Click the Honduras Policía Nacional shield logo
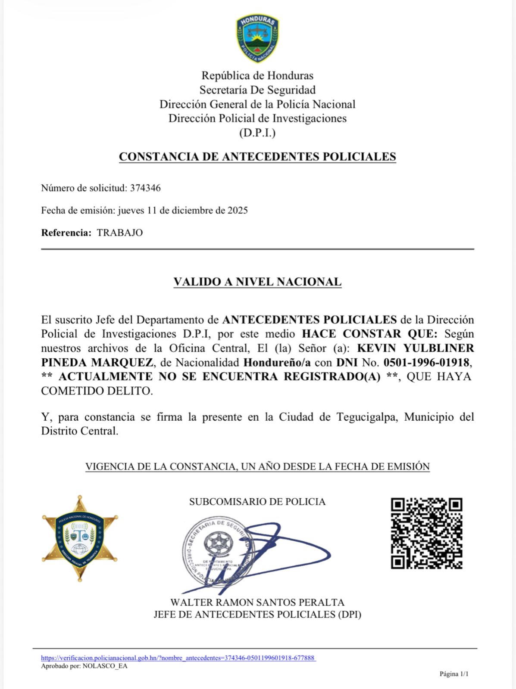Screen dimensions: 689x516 (x=257, y=38)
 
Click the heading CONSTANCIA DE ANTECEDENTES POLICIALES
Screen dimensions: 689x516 (x=257, y=157)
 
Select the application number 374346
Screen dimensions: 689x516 (x=145, y=188)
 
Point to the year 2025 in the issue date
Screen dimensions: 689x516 (x=238, y=211)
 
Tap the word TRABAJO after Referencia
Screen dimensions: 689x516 (x=120, y=233)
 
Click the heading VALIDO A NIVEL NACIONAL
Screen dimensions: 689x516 (x=257, y=282)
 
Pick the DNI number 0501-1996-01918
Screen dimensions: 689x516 (x=426, y=363)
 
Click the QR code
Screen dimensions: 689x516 (x=426, y=533)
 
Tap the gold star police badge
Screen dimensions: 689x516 (x=80, y=538)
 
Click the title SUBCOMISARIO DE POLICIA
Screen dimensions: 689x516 (x=257, y=502)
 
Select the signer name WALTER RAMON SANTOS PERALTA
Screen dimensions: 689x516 (x=257, y=602)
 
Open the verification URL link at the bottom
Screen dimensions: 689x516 (x=178, y=658)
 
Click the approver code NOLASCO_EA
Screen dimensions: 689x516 (x=105, y=666)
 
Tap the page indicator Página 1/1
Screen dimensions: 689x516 (x=453, y=674)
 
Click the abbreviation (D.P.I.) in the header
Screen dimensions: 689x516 (x=257, y=133)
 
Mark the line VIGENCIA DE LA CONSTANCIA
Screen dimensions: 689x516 (x=257, y=467)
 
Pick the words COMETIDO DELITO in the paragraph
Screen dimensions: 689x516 (x=97, y=391)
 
